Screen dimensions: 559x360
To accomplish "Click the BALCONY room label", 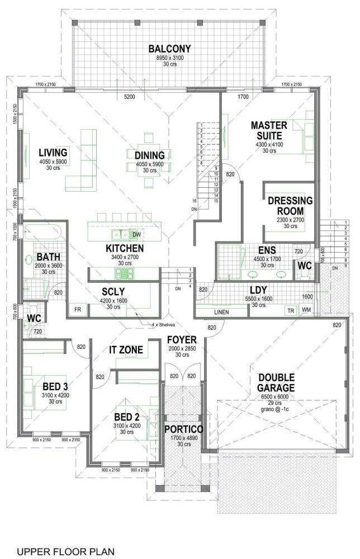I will click(170, 49).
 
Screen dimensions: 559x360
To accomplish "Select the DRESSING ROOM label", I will click(290, 206).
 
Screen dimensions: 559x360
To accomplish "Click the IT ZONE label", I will click(126, 350).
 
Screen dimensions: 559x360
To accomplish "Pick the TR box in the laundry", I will click(291, 310).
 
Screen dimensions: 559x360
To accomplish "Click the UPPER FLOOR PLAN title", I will click(65, 551).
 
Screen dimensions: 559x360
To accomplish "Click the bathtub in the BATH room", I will click(42, 231).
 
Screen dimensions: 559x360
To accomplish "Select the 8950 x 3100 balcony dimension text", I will click(170, 58).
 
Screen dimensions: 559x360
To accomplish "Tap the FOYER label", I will click(182, 339).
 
